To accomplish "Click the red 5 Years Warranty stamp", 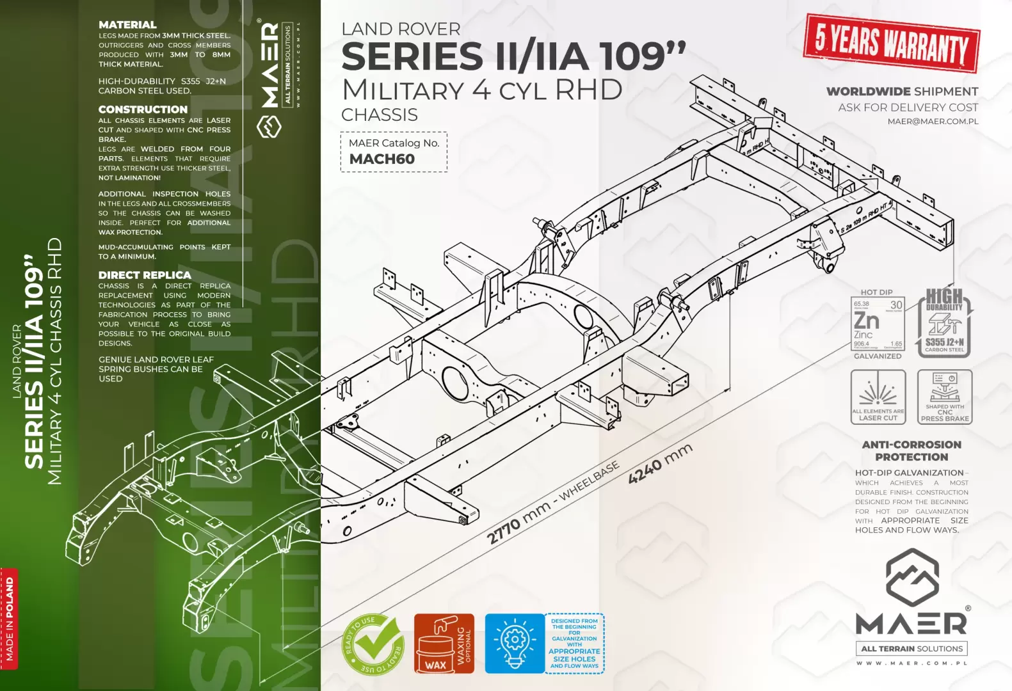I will point(891,43).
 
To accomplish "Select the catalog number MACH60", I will point(382,159).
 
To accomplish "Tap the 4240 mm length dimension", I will point(660,464).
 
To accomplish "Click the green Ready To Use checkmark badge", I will point(373,644).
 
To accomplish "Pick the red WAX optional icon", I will point(444,644).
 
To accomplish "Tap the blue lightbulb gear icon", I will point(514,643).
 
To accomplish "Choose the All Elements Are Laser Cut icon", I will point(878,397).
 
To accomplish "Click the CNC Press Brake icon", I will point(944,397).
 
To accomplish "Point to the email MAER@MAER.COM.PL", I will point(933,122).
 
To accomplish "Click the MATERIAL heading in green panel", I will point(127,25).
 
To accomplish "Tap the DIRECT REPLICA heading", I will point(145,275).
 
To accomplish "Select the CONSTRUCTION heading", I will point(143,109).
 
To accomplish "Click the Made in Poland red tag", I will point(9,618).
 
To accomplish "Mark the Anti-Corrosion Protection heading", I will point(912,450).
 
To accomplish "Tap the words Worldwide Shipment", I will point(902,91).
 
